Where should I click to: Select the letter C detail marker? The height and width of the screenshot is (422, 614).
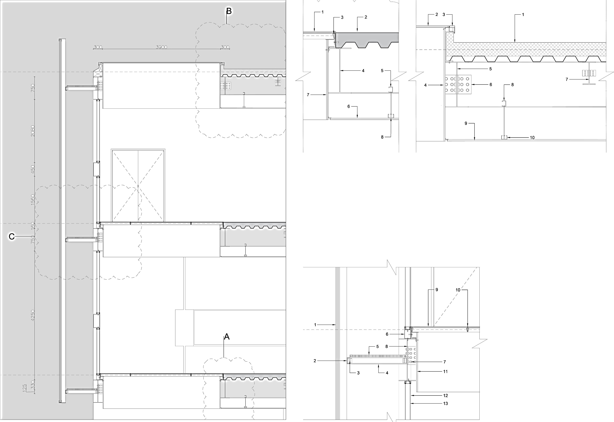(x=12, y=236)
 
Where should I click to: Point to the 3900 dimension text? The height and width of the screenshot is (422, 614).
(x=161, y=47)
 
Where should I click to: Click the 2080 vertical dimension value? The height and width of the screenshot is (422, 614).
(x=33, y=131)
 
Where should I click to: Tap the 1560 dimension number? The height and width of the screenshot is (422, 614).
(x=33, y=200)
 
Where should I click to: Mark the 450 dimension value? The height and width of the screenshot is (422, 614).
(x=33, y=169)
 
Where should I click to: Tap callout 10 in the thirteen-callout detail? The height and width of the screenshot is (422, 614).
(x=458, y=290)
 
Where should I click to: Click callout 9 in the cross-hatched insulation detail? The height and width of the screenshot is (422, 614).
(x=466, y=123)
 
